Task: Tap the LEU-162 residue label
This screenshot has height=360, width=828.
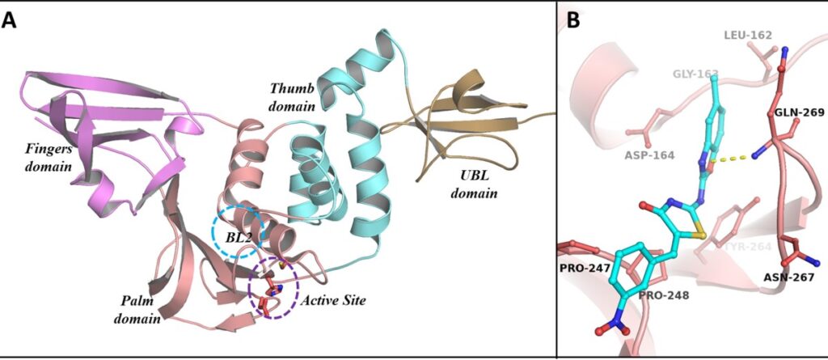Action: [747, 36]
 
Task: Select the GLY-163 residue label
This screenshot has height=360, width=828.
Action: [695, 74]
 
